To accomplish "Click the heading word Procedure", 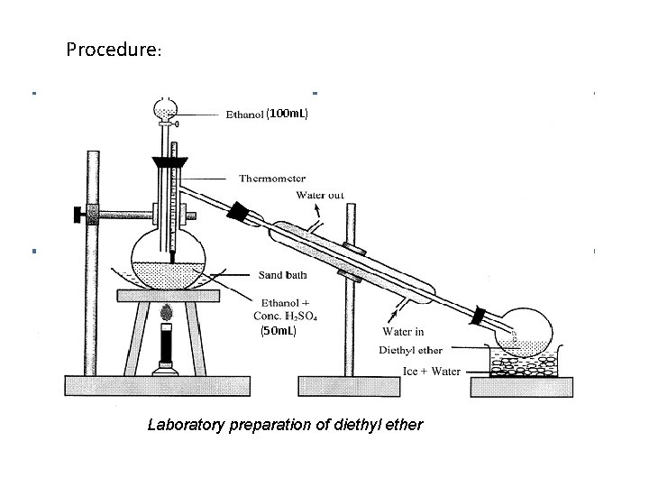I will [x=112, y=49].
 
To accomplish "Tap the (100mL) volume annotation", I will [x=288, y=115].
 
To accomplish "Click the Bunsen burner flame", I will [x=166, y=313].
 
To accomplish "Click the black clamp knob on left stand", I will [x=73, y=215].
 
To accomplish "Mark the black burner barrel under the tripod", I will [x=166, y=344].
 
